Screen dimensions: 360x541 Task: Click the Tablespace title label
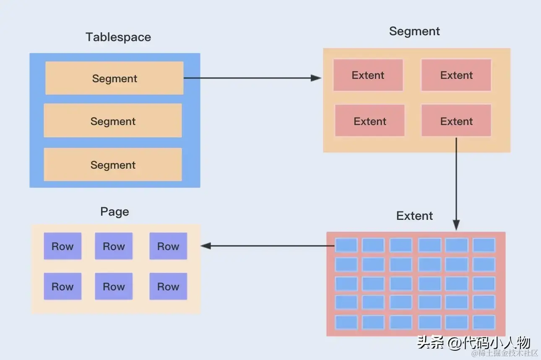click(118, 37)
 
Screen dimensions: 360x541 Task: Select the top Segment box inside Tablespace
click(114, 78)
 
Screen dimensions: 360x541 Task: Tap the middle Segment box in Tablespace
click(113, 121)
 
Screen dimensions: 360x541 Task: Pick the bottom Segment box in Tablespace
click(113, 165)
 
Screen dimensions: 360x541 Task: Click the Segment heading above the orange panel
click(414, 31)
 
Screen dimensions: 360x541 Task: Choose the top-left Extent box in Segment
click(368, 76)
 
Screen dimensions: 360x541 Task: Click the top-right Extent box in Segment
click(456, 76)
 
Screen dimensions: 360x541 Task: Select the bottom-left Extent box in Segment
click(369, 121)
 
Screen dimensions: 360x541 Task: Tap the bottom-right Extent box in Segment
click(456, 121)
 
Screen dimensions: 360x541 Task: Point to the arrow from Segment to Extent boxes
click(252, 78)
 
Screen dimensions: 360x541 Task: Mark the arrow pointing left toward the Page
click(268, 246)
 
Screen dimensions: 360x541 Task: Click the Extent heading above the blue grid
click(414, 216)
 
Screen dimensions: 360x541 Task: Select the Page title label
click(114, 212)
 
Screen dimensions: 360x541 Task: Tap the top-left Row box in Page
click(62, 246)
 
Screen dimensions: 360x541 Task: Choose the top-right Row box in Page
click(168, 246)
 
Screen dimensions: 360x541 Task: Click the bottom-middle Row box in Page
click(114, 287)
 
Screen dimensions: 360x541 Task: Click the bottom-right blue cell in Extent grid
click(484, 322)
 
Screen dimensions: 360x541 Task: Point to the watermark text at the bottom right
click(474, 343)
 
